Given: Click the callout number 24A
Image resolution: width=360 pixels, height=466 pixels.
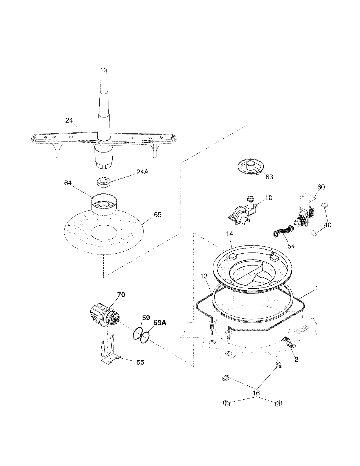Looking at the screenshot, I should (x=142, y=172).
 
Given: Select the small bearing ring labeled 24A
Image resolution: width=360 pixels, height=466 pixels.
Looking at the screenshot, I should (x=104, y=182).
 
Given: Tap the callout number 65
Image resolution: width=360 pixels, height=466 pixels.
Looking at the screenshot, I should (x=158, y=215).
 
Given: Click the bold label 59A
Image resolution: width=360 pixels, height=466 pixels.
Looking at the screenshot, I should (x=160, y=323).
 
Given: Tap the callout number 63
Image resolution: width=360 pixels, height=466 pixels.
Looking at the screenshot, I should (x=269, y=177).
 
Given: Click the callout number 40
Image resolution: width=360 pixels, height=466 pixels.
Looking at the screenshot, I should (x=328, y=225).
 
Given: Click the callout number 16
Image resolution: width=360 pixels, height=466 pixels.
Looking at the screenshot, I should (x=256, y=393).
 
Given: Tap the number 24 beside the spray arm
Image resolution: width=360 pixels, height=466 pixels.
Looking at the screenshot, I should (x=69, y=120).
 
